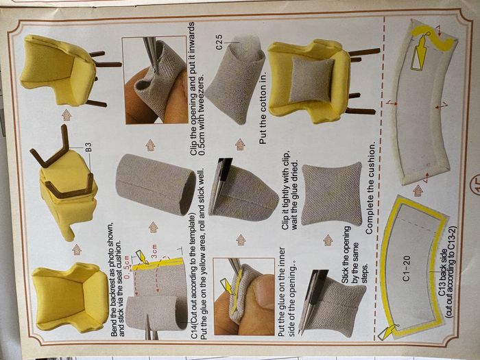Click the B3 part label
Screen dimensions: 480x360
88,147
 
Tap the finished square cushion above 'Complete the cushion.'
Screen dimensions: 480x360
332,194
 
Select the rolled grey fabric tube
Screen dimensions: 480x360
156,184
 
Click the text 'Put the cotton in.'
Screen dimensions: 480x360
263,108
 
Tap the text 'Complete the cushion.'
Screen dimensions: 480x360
370,189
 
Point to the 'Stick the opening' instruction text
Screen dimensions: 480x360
346,255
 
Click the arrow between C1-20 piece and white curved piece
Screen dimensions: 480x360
418,191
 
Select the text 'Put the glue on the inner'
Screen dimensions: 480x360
282,292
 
